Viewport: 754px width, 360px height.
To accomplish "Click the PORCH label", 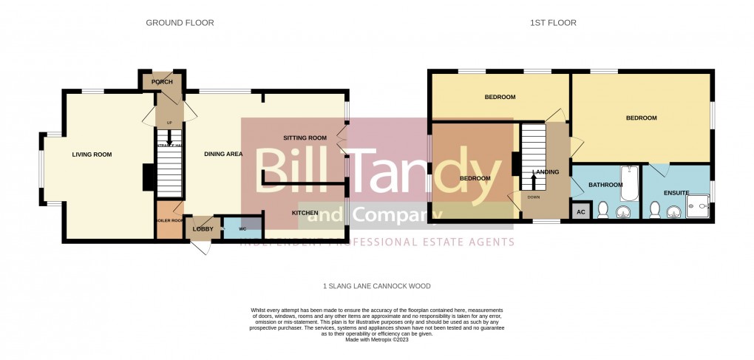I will tap(162, 82).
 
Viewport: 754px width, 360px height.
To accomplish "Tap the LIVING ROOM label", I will tap(92, 154).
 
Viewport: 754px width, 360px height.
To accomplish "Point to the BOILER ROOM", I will tap(169, 221).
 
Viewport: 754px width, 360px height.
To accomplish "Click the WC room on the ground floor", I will tap(242, 228).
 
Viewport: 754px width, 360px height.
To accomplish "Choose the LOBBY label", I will tap(203, 229).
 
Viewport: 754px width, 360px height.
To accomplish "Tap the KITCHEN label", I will tap(305, 213).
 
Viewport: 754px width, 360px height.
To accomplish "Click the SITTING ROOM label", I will tap(305, 138).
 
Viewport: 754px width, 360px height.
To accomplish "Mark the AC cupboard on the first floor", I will tap(580, 211).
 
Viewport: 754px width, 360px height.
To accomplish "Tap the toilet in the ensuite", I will tap(653, 211).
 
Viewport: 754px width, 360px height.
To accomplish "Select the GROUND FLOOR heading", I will tap(180, 23).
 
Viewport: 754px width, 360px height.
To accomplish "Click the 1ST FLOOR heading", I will tap(553, 23).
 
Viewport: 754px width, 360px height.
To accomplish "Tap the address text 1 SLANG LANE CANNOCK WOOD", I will tap(376, 286).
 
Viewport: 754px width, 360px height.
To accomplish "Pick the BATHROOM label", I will tap(605, 185).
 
